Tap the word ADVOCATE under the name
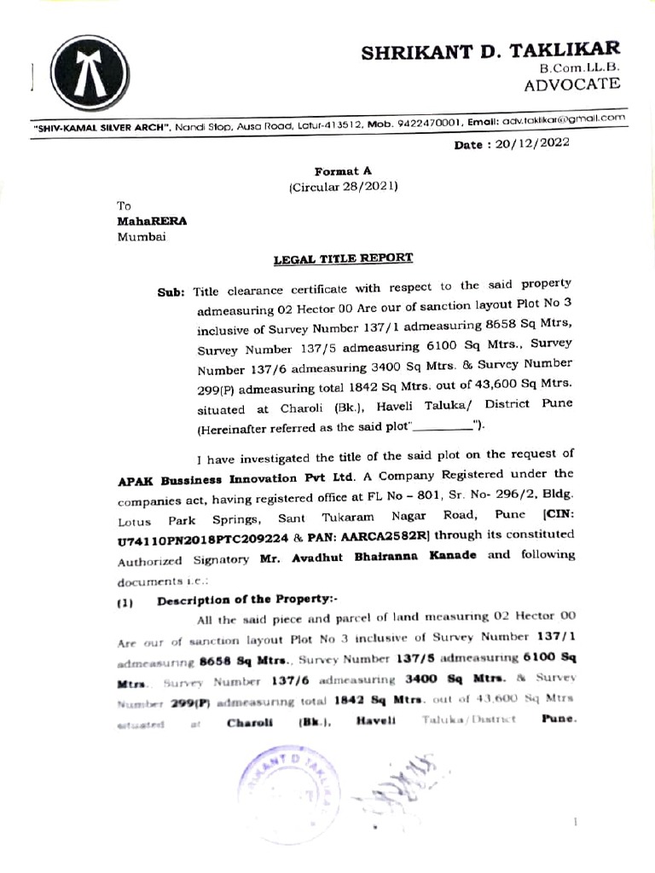pyautogui.click(x=571, y=84)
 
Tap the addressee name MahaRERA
pyautogui.click(x=151, y=220)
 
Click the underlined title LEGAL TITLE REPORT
pyautogui.click(x=343, y=257)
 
